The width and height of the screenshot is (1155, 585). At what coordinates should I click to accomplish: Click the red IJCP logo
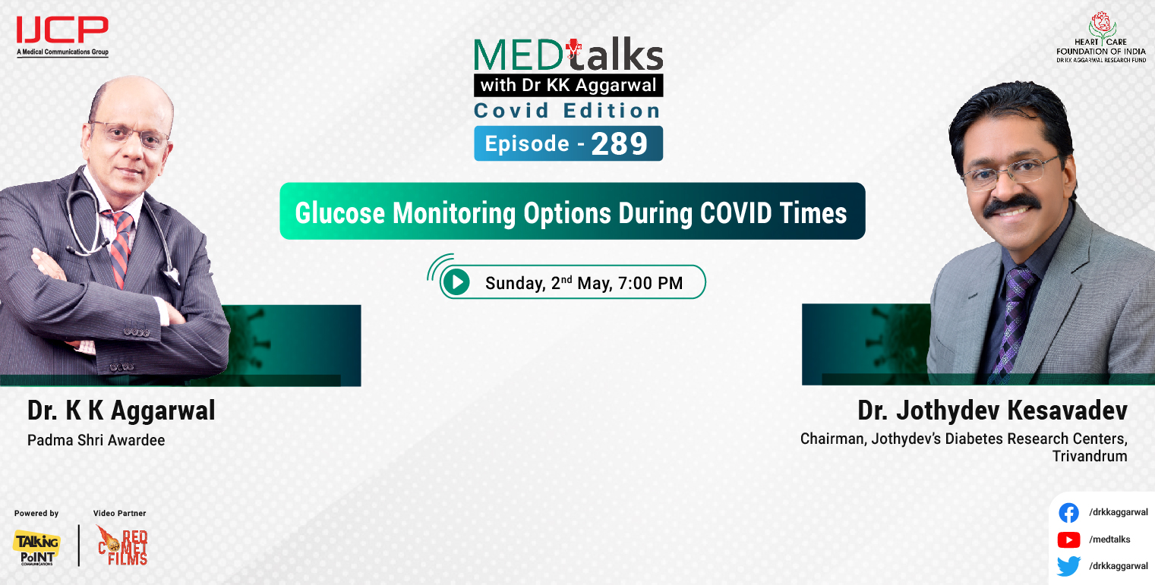pos(62,31)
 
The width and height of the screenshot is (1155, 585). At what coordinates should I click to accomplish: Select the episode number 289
pos(619,144)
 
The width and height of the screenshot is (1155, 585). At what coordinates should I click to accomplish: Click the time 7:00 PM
pos(652,284)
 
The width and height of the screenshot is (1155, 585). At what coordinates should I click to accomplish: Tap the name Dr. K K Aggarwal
pos(121,410)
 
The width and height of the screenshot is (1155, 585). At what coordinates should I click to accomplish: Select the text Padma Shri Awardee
pos(96,440)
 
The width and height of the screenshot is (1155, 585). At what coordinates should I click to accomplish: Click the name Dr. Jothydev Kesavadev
pos(992,410)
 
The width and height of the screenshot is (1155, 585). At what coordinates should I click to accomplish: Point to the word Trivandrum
pos(1090,457)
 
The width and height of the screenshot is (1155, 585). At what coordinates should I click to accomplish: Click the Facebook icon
pos(1068,513)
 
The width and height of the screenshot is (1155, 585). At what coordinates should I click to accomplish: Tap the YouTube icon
pos(1068,539)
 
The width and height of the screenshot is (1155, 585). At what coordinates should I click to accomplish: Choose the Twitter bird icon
pos(1068,566)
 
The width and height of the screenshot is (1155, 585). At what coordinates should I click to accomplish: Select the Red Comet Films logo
pos(123,546)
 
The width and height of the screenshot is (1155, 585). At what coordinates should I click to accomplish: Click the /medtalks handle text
pos(1109,539)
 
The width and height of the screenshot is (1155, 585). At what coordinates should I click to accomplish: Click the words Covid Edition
pos(567,111)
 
